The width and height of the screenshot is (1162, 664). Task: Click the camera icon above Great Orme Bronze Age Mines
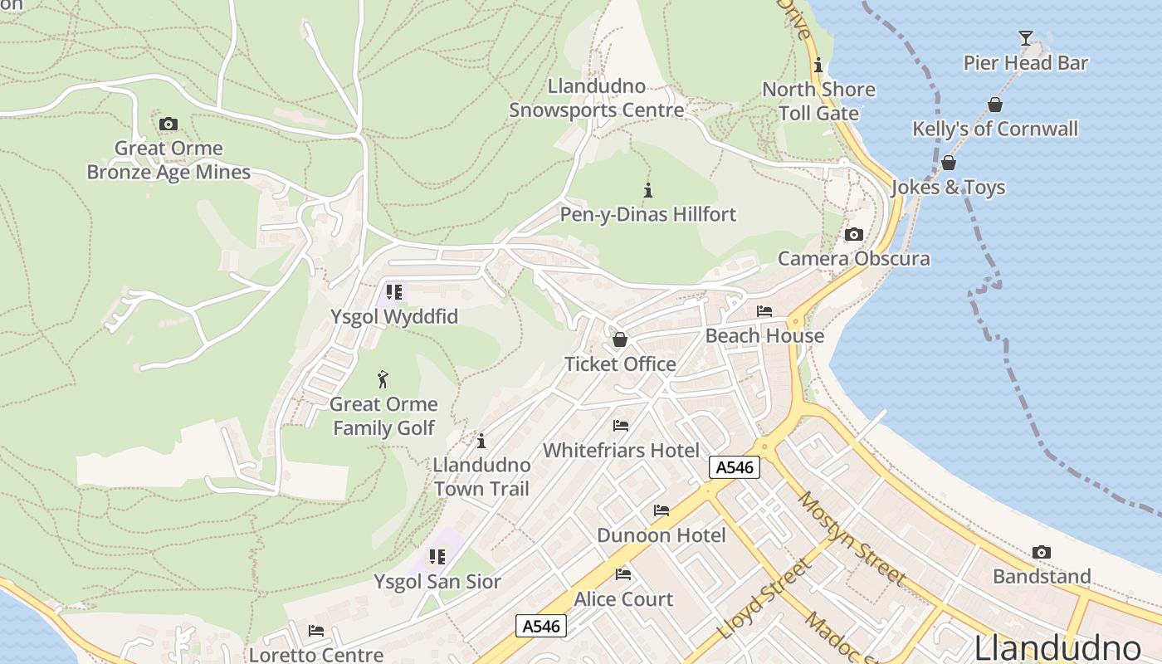point(168,124)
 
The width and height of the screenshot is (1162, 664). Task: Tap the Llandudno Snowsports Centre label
point(596,98)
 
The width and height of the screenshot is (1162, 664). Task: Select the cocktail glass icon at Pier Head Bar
point(1026,38)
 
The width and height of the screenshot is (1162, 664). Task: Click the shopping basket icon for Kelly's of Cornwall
point(994,105)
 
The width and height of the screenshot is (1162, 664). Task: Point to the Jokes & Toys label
point(948,188)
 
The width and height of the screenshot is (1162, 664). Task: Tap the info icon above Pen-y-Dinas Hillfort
point(648,190)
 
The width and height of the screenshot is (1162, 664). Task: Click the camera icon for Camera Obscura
point(853,235)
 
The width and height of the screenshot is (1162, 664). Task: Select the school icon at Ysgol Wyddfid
point(393,292)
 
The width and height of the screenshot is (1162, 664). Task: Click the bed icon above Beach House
point(764,311)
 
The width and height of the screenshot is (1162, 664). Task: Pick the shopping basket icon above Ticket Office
point(619,339)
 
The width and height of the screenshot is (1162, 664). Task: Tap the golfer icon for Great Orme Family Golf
point(383,379)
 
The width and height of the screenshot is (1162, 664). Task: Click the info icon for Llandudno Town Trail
point(481,441)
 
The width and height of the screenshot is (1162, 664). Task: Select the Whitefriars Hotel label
point(621,450)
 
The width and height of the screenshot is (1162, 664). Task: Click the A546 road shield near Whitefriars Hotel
point(735,467)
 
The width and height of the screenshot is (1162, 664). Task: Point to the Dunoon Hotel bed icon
point(661,510)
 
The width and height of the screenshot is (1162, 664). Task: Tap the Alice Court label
point(623,598)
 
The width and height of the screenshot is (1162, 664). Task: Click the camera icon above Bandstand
point(1041,552)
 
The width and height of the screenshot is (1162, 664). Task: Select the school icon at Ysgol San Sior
point(437,557)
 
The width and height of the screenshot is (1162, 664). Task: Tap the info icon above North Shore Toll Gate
point(818,65)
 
